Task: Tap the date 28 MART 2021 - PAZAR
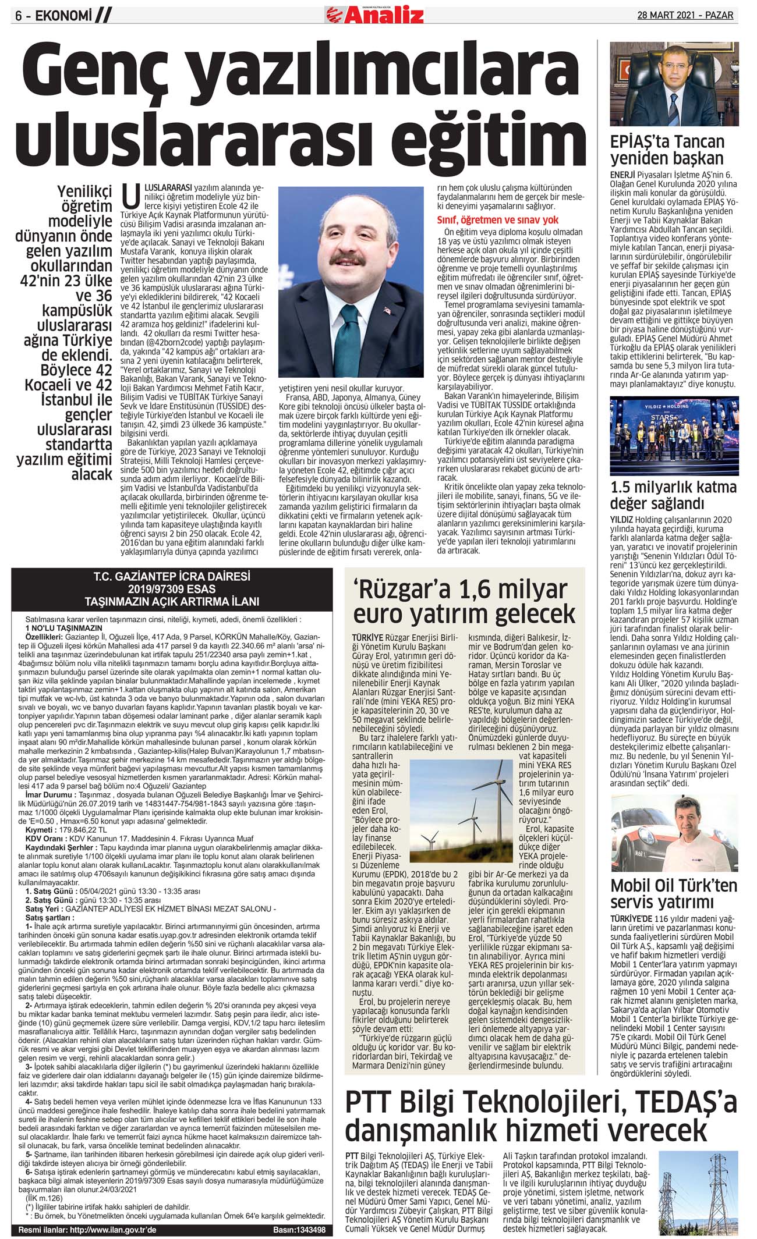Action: [x=685, y=15]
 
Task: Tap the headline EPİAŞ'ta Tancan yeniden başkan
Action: [x=667, y=150]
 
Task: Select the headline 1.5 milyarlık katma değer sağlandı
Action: [x=673, y=495]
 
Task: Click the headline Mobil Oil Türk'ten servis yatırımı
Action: [x=674, y=893]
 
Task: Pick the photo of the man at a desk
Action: [x=674, y=84]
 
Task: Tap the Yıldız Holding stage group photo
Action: [x=674, y=436]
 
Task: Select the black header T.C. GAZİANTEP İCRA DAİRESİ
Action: [x=172, y=577]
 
